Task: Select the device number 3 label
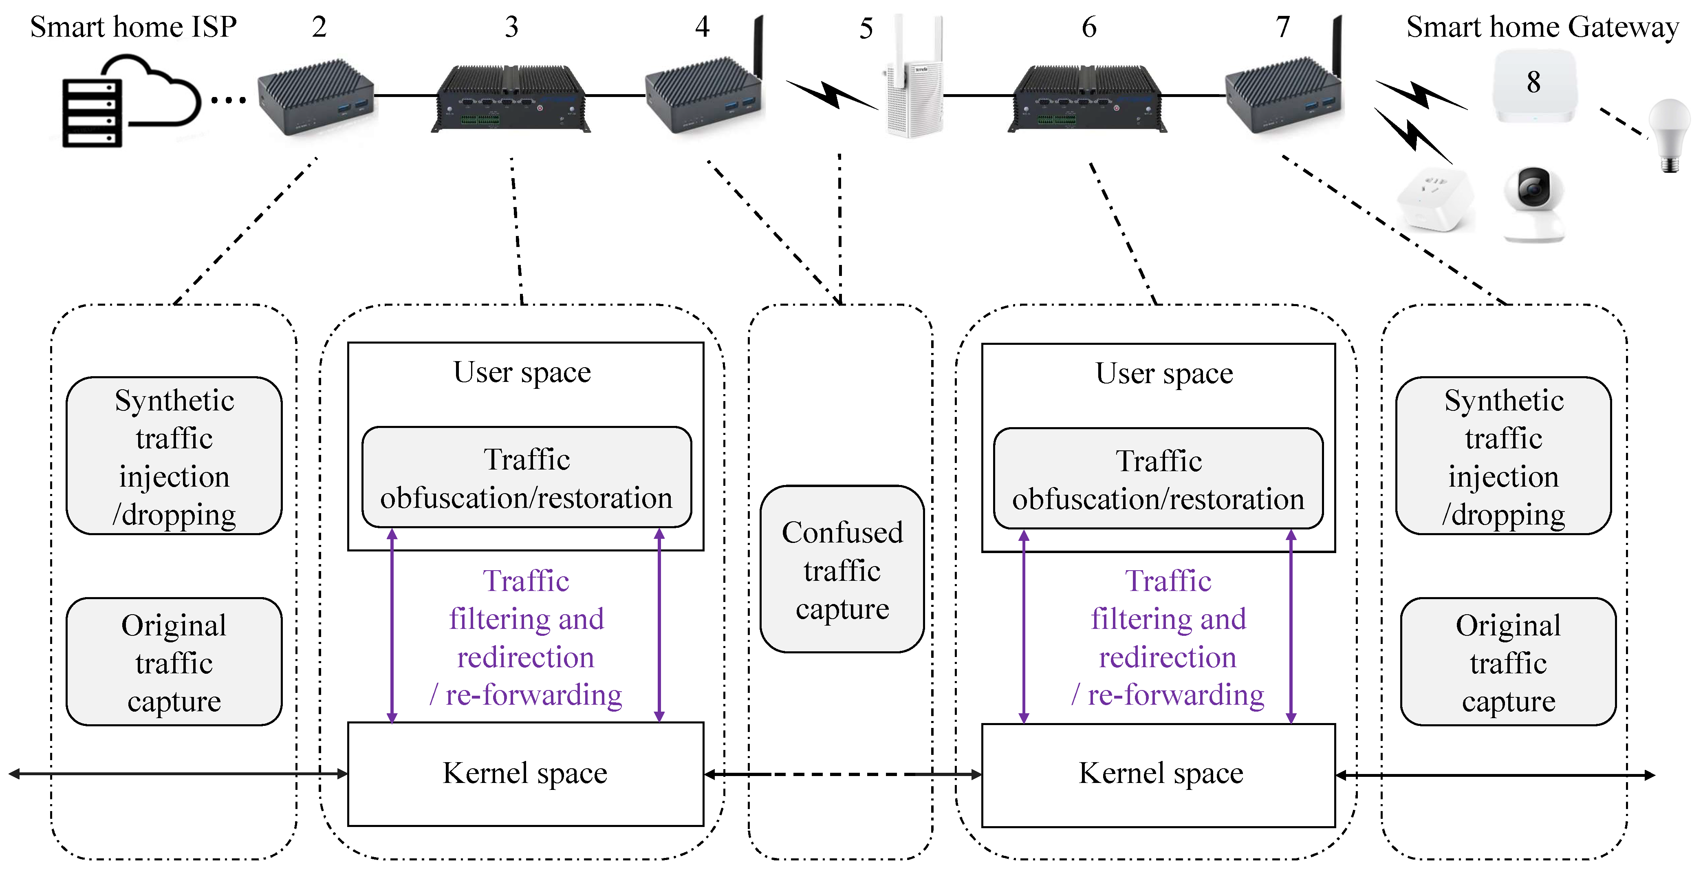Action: [x=511, y=27]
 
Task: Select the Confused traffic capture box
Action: [x=842, y=569]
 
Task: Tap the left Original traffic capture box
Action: [x=174, y=662]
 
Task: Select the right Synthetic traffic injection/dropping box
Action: [x=1503, y=456]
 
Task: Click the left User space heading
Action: [x=522, y=372]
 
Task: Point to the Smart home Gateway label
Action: [x=1542, y=27]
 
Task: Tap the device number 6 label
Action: [x=1089, y=27]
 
